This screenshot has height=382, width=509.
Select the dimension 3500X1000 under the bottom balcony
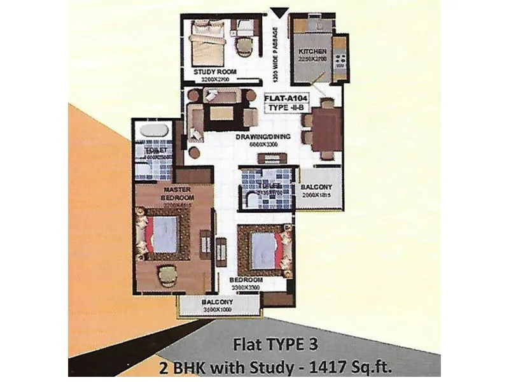click(x=218, y=309)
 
